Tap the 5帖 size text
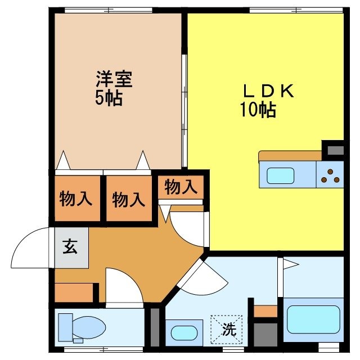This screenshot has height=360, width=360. pyautogui.click(x=109, y=99)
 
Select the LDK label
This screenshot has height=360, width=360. pyautogui.click(x=268, y=92)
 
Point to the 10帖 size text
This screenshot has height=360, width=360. pyautogui.click(x=258, y=110)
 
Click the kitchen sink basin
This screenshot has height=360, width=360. pyautogui.click(x=280, y=176)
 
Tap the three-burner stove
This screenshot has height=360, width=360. pyautogui.click(x=330, y=175)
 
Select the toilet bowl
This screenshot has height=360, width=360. pyautogui.click(x=89, y=326)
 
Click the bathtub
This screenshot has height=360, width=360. pyautogui.click(x=313, y=319)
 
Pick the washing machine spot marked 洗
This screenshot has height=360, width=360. pyautogui.click(x=227, y=330)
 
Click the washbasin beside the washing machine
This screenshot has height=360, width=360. pyautogui.click(x=184, y=332)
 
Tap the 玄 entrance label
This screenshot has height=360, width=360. pyautogui.click(x=70, y=247)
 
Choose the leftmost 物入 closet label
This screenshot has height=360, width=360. pyautogui.click(x=76, y=199)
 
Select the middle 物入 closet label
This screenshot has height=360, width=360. pyautogui.click(x=129, y=199)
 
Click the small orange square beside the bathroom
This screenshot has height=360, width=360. pyautogui.click(x=265, y=310)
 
